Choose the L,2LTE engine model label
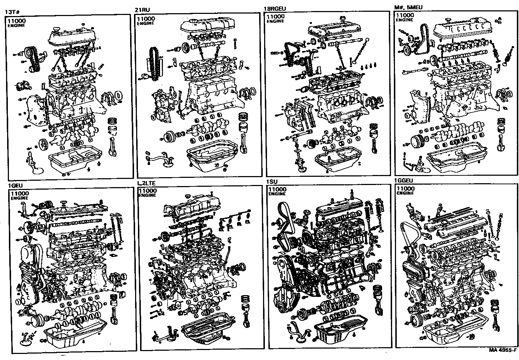tap(147, 183)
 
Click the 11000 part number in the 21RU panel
tap(146, 19)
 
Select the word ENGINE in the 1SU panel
tap(277, 194)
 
